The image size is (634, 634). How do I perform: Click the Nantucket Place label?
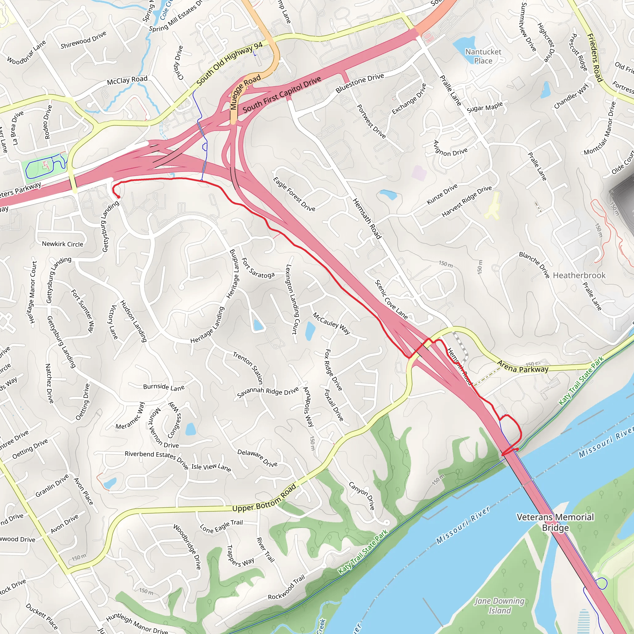(483, 56)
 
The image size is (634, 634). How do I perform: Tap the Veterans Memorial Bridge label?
(555, 522)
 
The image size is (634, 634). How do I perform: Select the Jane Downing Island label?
(499, 606)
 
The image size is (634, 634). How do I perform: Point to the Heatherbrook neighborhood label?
(579, 275)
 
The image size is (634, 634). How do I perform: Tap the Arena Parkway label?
(523, 367)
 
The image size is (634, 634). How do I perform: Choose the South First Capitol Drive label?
(282, 94)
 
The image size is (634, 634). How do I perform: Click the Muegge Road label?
(245, 92)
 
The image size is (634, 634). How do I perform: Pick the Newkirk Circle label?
(62, 244)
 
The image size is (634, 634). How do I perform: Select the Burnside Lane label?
(164, 387)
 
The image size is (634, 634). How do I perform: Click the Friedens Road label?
(595, 58)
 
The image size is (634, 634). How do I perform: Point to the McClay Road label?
(127, 80)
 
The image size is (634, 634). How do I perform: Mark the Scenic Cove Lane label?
(391, 300)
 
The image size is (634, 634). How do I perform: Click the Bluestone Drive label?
(360, 83)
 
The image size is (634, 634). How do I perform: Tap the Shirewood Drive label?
(83, 40)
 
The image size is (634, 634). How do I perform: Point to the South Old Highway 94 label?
(230, 64)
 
